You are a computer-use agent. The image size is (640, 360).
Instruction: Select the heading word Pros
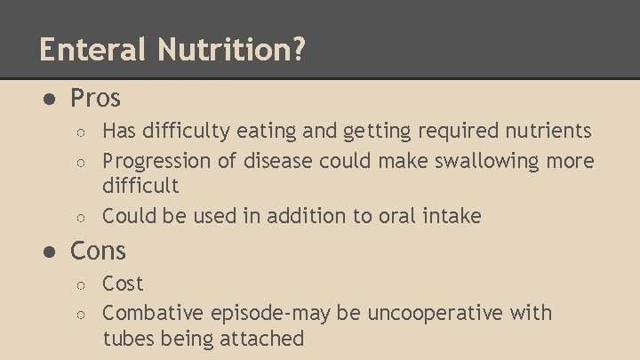click(95, 97)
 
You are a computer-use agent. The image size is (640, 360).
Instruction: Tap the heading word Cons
click(98, 251)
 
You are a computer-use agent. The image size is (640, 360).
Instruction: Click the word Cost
click(123, 284)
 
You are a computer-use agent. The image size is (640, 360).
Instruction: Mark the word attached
click(263, 338)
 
